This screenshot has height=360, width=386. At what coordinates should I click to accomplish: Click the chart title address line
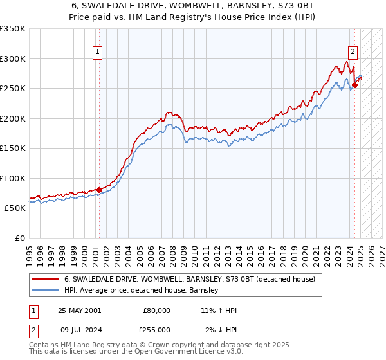193,6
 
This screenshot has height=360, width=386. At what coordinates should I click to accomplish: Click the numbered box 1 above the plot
98,53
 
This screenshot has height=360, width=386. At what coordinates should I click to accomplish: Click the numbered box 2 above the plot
353,53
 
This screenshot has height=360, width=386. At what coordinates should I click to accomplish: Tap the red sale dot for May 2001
99,190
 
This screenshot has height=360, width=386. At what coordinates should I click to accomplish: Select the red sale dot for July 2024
354,85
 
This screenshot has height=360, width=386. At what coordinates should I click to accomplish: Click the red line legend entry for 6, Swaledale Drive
189,280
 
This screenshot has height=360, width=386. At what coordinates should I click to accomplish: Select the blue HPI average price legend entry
142,291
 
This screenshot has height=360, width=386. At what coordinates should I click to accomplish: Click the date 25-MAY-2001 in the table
79,310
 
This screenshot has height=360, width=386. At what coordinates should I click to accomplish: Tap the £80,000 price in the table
157,310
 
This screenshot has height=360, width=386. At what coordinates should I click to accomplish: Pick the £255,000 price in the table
157,329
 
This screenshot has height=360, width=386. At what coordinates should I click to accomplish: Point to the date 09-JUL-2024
79,329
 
